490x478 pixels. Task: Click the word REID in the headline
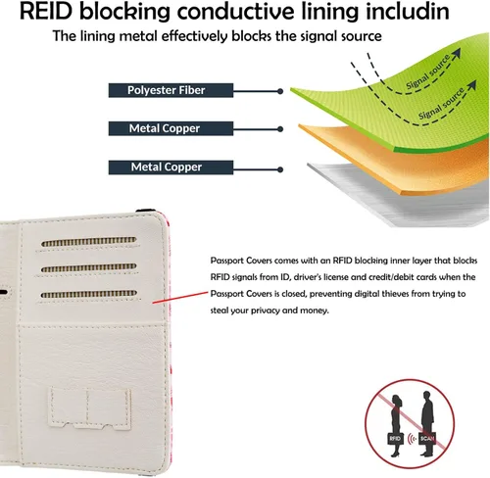46,11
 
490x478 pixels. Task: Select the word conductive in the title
235,11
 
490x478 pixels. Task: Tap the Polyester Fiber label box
171,90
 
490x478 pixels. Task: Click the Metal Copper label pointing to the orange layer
171,128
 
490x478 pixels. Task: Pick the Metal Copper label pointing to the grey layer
171,167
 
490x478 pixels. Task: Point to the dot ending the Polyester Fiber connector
280,91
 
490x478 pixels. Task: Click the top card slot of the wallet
89,241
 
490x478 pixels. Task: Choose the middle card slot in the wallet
89,268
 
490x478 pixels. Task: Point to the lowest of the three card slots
89,294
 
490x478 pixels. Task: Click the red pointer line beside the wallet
180,298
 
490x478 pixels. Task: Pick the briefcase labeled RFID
395,438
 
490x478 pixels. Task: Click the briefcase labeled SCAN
427,438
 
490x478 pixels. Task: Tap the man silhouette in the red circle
427,423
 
